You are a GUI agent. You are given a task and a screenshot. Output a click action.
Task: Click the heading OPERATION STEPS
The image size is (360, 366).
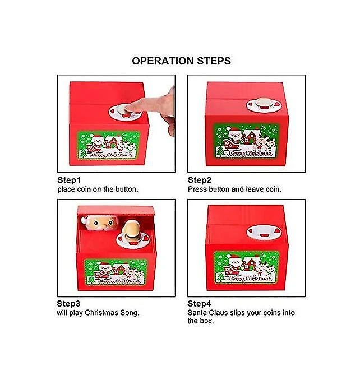181,61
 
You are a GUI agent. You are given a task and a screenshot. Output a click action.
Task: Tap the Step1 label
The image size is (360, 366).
69,180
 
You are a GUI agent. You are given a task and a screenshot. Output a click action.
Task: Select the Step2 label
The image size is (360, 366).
200,180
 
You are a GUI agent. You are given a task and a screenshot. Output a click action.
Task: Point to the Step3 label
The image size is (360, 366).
68,304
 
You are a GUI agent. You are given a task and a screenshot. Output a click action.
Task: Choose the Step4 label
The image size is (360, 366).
199,304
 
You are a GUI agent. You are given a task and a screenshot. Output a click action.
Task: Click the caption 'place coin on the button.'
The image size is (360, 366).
98,189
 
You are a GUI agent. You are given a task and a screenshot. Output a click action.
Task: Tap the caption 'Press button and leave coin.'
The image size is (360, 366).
234,189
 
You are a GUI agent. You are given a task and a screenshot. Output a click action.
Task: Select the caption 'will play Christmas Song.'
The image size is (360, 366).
98,313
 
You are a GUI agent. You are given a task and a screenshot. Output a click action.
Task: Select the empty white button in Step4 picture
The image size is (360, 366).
264,232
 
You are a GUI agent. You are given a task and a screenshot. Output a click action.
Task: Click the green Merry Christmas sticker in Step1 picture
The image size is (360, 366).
109,145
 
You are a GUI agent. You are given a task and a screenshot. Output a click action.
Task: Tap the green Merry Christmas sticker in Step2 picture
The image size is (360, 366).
247,141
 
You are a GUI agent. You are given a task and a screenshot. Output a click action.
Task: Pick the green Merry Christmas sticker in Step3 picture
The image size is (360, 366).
116,272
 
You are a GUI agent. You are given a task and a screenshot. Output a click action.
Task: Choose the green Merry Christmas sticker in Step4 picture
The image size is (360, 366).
247,267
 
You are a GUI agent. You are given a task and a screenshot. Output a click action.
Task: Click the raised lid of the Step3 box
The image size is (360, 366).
116,210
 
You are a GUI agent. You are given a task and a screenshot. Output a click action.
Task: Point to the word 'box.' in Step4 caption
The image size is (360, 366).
206,321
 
